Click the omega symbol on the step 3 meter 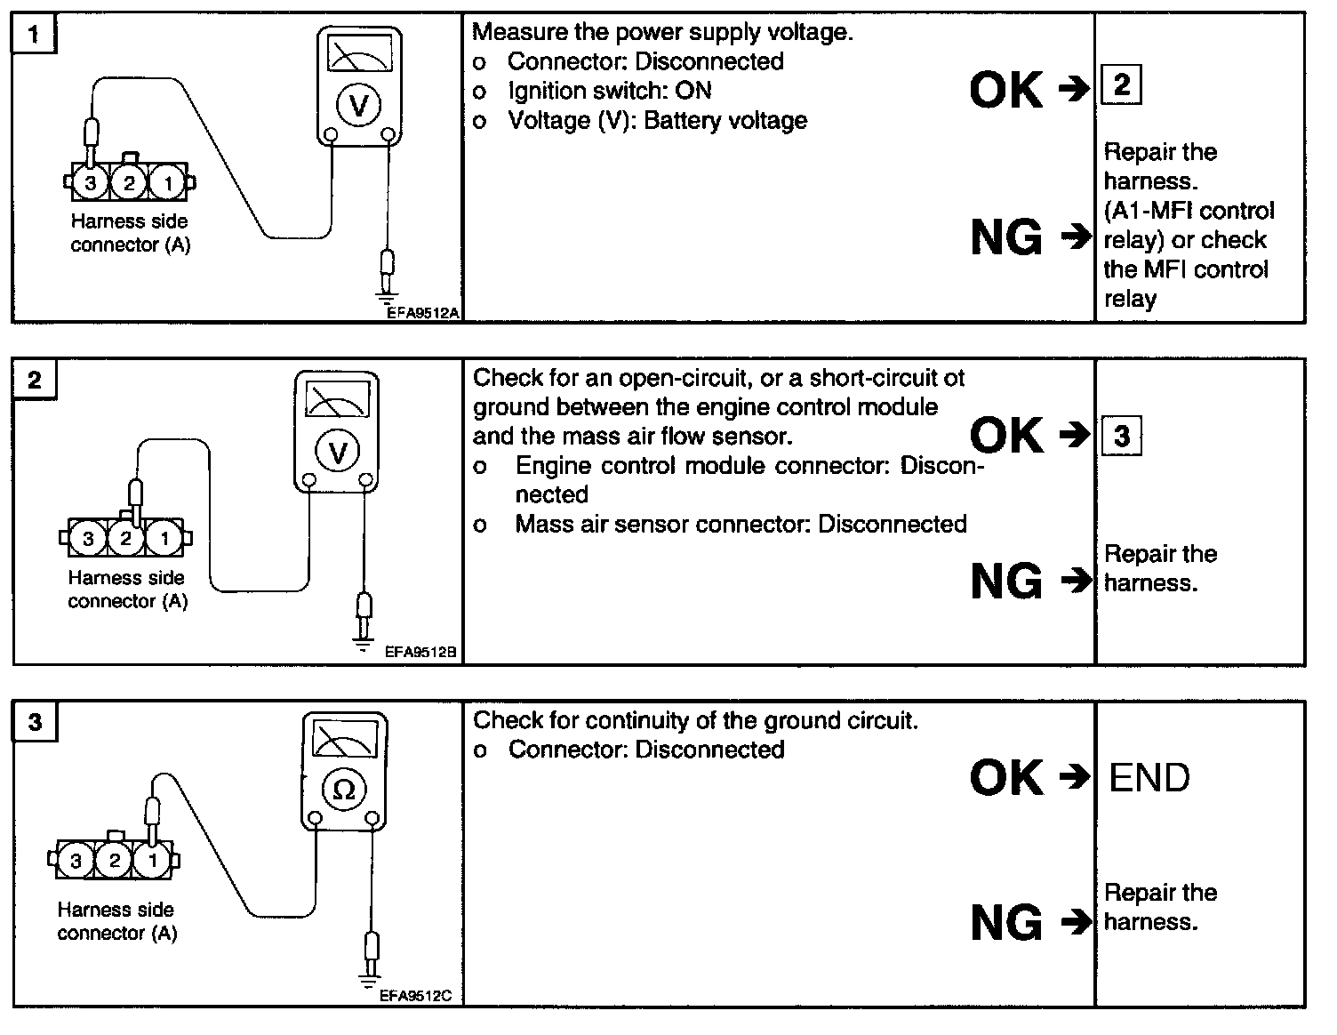pyautogui.click(x=343, y=790)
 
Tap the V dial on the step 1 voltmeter pyautogui.click(x=359, y=105)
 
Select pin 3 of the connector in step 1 pyautogui.click(x=91, y=183)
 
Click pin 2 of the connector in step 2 pyautogui.click(x=125, y=539)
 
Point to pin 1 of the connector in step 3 pyautogui.click(x=153, y=860)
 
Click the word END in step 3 pyautogui.click(x=1149, y=778)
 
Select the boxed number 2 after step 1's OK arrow pyautogui.click(x=1121, y=85)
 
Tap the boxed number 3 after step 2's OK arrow pyautogui.click(x=1122, y=436)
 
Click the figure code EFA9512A pyautogui.click(x=423, y=313)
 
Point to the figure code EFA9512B pyautogui.click(x=420, y=652)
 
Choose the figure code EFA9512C pyautogui.click(x=416, y=996)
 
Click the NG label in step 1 pyautogui.click(x=1006, y=237)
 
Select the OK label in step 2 pyautogui.click(x=1006, y=435)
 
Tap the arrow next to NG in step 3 pyautogui.click(x=1077, y=922)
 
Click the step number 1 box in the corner pyautogui.click(x=34, y=33)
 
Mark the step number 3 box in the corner pyautogui.click(x=35, y=722)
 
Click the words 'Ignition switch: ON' pyautogui.click(x=610, y=91)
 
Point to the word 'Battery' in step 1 pyautogui.click(x=683, y=121)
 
